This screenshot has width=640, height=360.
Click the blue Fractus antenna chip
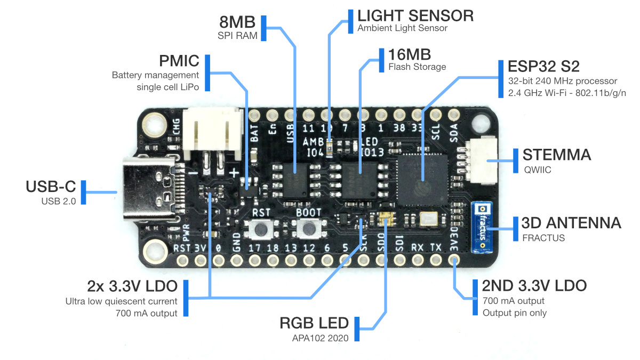click(482, 227)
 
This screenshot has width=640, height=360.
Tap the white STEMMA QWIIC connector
click(478, 161)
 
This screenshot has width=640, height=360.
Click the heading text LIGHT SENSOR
click(415, 15)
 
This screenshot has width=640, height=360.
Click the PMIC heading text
click(179, 60)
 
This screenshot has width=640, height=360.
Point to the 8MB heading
click(237, 22)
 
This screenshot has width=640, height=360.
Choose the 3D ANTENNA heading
click(571, 223)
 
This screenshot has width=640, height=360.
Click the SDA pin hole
click(454, 115)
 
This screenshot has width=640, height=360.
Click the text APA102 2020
click(318, 337)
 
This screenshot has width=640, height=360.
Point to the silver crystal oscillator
click(429, 219)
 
